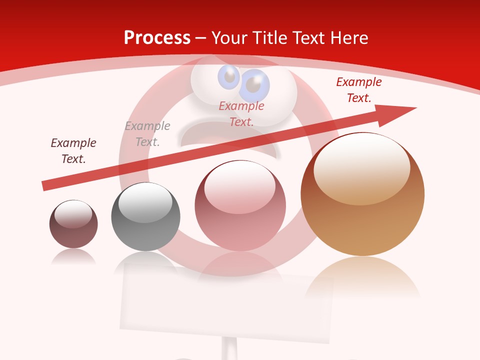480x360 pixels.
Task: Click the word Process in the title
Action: pyautogui.click(x=157, y=38)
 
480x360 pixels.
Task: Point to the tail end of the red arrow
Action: pyautogui.click(x=45, y=186)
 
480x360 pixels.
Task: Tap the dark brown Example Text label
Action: pyautogui.click(x=73, y=151)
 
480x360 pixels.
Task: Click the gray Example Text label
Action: pyautogui.click(x=147, y=134)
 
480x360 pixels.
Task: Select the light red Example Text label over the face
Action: pyautogui.click(x=241, y=113)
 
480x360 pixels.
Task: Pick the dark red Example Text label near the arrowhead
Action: pyautogui.click(x=358, y=90)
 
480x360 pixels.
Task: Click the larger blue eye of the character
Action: pyautogui.click(x=254, y=85)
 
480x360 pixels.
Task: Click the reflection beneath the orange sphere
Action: pyautogui.click(x=362, y=277)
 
